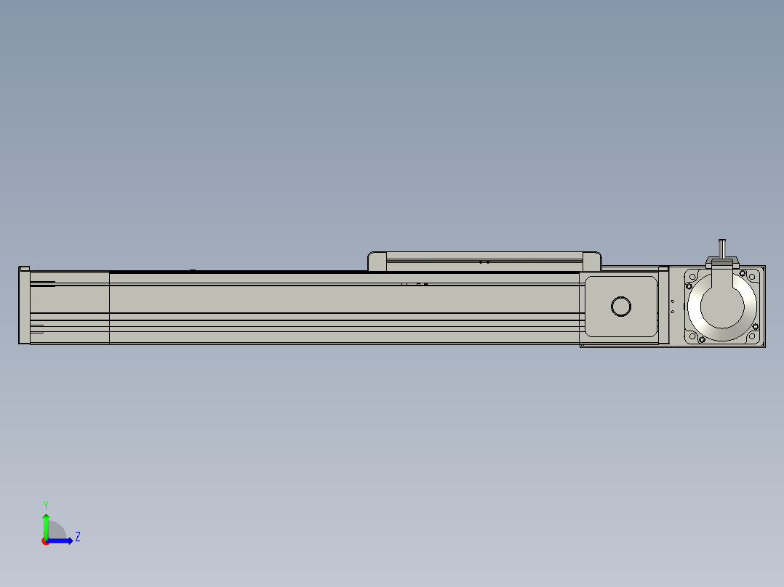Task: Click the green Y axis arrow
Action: (x=46, y=525)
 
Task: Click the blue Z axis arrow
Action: (x=60, y=541)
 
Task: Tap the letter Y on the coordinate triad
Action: (x=46, y=505)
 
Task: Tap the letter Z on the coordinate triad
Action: (x=78, y=537)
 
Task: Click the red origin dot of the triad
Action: (x=46, y=541)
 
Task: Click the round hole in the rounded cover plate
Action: (x=621, y=307)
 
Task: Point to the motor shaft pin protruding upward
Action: (x=722, y=248)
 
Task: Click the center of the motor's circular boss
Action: (x=722, y=307)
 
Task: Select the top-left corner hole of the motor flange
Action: (x=692, y=277)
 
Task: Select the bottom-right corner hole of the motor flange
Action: (x=751, y=336)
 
